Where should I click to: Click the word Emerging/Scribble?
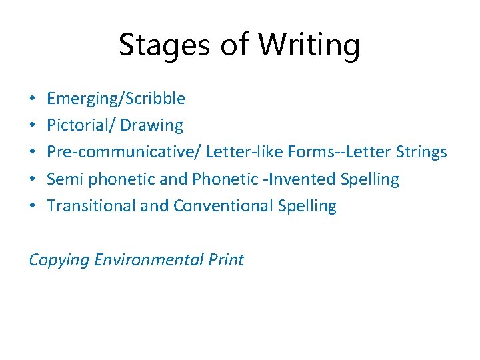tap(116, 99)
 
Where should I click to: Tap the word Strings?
tap(420, 153)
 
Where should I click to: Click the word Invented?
tap(307, 179)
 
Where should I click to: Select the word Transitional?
tap(91, 206)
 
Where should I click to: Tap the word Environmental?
tap(147, 259)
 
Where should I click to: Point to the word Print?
tap(225, 259)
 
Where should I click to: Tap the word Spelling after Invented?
tap(369, 179)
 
